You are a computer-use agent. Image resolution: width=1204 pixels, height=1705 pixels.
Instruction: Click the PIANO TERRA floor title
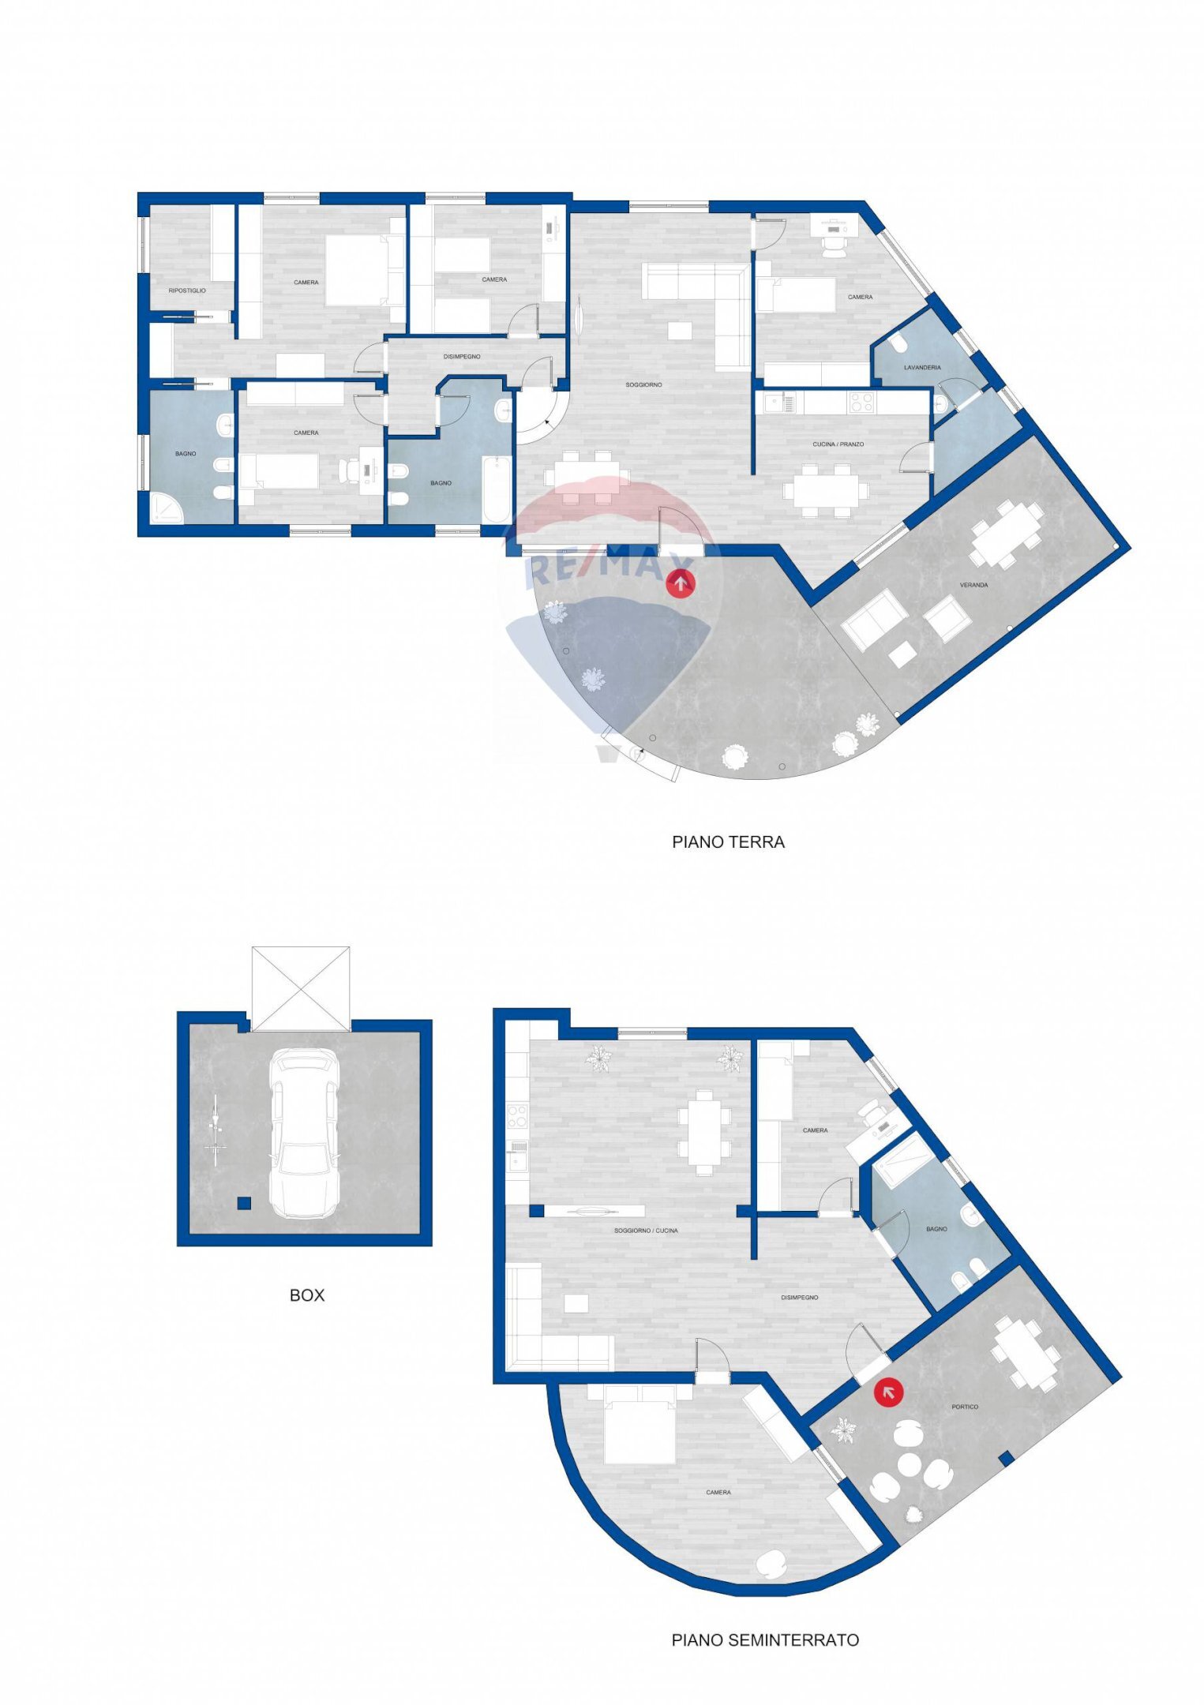728,842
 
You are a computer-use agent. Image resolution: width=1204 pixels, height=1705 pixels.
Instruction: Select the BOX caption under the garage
306,1295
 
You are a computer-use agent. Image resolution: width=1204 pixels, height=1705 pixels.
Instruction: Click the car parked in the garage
304,1133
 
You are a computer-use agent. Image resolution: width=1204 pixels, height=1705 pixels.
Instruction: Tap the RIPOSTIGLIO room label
187,290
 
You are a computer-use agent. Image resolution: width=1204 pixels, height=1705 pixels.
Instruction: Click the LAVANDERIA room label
922,367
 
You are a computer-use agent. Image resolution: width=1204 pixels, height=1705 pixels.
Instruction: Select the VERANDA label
973,585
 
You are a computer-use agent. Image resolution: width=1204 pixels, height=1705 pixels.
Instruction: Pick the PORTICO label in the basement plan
965,1407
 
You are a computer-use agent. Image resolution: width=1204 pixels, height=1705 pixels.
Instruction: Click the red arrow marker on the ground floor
681,583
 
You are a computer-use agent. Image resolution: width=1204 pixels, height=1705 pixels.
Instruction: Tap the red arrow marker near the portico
888,1393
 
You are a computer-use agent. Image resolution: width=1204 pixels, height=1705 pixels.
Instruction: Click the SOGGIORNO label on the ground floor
643,384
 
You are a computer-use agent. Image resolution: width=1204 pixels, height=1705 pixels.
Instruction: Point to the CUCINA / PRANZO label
838,444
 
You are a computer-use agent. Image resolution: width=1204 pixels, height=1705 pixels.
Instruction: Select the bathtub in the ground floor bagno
497,488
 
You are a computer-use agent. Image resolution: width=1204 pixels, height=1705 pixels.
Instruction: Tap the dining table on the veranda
1006,534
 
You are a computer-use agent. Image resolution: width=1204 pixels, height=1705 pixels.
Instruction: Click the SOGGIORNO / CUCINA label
646,1231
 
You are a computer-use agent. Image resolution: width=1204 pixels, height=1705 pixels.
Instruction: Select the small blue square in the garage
245,1203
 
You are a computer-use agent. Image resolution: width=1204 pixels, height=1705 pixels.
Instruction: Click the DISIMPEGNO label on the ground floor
462,357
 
